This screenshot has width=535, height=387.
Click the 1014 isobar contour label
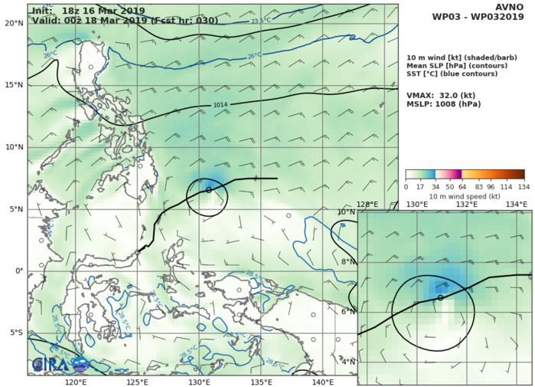click(x=220, y=104)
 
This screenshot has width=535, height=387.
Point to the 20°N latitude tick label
click(x=14, y=23)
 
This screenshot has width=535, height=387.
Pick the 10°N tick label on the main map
click(x=14, y=147)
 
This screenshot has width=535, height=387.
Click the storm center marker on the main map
click(x=209, y=189)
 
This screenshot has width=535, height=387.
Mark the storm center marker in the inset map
click(x=441, y=297)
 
